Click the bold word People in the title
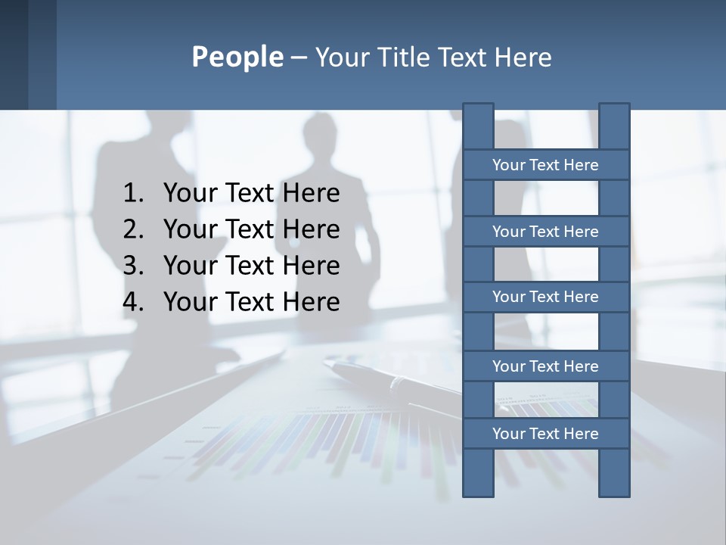pos(237,57)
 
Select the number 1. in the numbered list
pos(133,194)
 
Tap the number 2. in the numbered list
pos(133,229)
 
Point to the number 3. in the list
pos(133,266)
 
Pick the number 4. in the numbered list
pos(133,302)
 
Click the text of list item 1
pos(251,194)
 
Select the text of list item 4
pos(251,302)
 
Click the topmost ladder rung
pos(545,165)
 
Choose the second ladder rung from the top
pos(545,232)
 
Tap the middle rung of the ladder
pos(545,297)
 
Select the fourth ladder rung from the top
pos(545,366)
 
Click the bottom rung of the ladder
pos(545,434)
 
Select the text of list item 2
pos(251,229)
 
